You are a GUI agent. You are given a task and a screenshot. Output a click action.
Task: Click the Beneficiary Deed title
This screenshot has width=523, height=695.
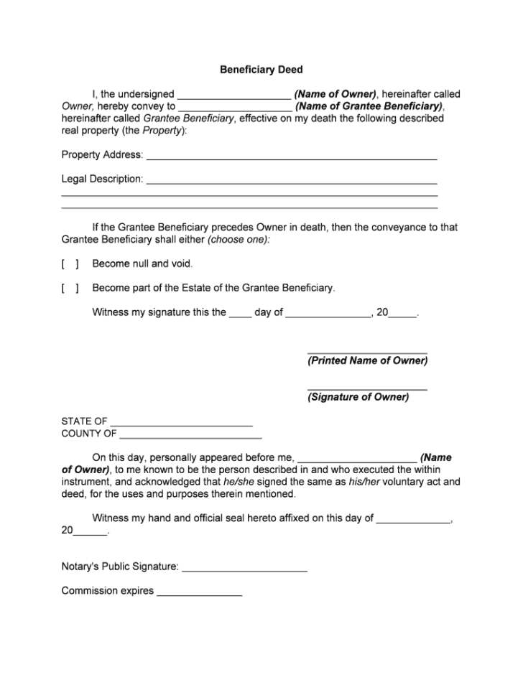(261, 70)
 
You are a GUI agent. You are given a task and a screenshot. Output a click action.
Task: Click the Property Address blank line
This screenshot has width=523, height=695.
(292, 157)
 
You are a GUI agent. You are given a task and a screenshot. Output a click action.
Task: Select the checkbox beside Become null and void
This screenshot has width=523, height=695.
(70, 263)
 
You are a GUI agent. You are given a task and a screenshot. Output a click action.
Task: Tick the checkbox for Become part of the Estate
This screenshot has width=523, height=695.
(70, 288)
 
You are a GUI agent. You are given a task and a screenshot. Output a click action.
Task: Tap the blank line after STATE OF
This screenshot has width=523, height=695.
(181, 423)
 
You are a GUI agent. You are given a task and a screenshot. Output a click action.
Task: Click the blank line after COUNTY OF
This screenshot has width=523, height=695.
(190, 435)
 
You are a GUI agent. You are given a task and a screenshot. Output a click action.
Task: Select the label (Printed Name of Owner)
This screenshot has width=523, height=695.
(367, 361)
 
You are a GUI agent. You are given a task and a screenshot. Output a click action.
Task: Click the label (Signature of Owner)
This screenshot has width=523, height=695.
(358, 397)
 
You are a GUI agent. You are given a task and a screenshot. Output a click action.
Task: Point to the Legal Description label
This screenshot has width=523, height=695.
(102, 179)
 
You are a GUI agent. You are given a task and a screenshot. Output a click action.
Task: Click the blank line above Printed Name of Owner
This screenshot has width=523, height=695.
(367, 352)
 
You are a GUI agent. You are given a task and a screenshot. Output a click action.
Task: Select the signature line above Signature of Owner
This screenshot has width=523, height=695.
(367, 388)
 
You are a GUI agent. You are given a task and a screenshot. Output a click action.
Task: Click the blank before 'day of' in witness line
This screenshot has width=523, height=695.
(240, 314)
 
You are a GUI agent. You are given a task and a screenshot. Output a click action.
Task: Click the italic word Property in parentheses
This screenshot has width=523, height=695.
(162, 131)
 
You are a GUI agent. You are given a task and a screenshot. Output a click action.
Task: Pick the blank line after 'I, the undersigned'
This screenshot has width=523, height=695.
(233, 95)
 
